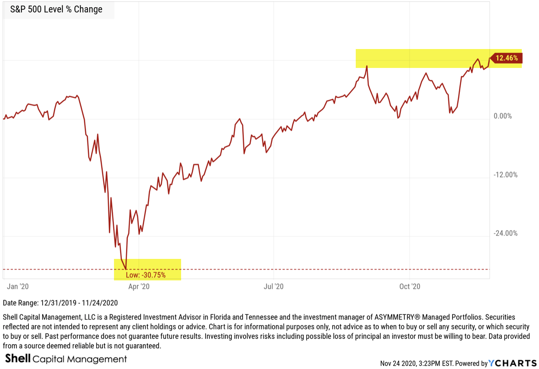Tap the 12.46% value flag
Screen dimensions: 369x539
coord(506,58)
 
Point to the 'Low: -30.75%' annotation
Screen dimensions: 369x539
coord(145,275)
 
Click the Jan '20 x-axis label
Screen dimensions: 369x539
coord(18,286)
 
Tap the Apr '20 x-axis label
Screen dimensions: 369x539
coord(139,286)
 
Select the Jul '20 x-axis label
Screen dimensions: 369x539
coord(274,286)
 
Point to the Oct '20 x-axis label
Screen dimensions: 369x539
coord(410,286)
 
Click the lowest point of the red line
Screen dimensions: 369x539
coord(126,269)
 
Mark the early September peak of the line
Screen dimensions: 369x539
coord(367,66)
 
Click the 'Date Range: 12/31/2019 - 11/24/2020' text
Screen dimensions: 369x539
coord(60,303)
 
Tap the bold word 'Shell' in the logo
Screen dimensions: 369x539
coord(17,359)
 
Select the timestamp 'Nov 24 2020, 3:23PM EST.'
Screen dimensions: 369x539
coord(417,363)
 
